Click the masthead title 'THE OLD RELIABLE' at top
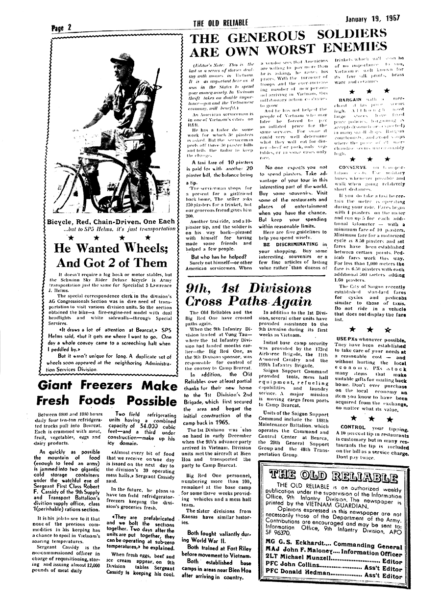221,23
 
